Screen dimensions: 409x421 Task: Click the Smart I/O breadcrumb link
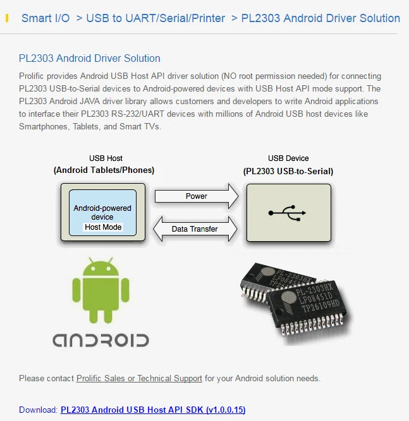(46, 18)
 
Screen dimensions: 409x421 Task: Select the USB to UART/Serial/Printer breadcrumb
(156, 18)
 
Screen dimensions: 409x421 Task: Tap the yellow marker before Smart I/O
(7, 18)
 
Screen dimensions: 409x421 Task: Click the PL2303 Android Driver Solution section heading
(90, 58)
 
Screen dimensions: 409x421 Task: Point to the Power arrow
(197, 196)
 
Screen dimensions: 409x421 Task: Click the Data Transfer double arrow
(195, 228)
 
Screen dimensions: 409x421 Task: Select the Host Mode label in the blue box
(103, 227)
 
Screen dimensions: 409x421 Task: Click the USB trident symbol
(287, 213)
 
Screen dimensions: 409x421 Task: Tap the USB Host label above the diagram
(106, 158)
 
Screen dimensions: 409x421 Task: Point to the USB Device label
(288, 158)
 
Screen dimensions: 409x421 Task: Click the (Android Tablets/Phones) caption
(104, 170)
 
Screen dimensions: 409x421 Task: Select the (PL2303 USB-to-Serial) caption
(288, 171)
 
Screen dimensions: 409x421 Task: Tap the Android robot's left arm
(76, 290)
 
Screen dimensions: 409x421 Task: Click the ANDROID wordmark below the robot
(101, 340)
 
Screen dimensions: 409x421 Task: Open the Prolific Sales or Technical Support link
(139, 378)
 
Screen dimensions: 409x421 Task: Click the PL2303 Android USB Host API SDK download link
(153, 410)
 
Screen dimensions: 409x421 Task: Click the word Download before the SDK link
(38, 410)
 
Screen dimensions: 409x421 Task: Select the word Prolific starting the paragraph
(31, 76)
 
